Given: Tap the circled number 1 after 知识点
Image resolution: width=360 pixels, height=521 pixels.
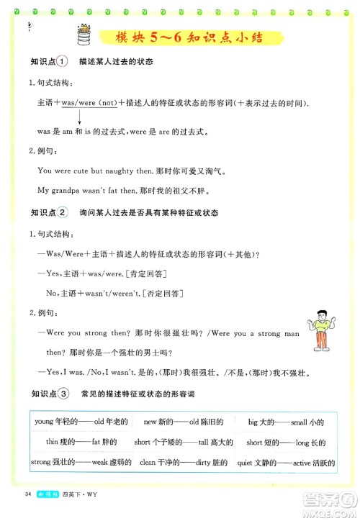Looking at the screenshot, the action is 62,62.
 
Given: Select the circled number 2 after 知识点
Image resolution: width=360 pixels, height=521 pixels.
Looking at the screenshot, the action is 62,213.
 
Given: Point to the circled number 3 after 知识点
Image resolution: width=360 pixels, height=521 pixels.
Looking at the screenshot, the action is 62,394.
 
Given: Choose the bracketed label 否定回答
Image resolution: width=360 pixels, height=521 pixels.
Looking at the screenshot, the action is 163,293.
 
